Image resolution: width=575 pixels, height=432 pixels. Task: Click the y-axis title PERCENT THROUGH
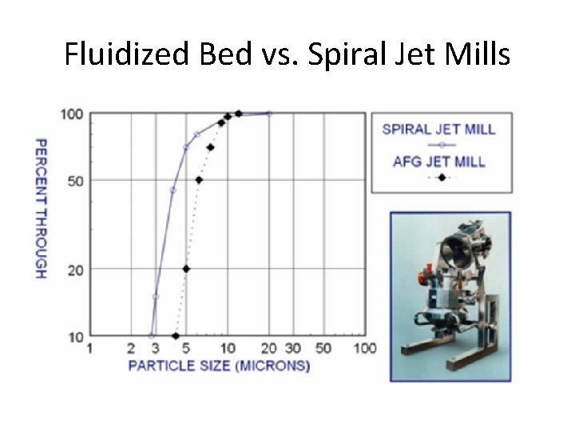[40, 208]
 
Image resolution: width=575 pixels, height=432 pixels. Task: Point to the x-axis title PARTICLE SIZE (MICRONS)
[219, 366]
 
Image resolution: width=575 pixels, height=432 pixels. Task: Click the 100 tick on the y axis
[72, 114]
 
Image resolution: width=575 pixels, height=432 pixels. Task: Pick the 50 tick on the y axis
[75, 181]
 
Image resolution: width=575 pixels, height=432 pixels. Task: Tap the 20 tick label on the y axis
[75, 270]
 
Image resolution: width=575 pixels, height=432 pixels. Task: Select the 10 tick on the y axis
[75, 337]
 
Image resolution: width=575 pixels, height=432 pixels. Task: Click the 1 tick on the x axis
[89, 349]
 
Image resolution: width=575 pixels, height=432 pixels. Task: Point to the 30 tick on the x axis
[293, 349]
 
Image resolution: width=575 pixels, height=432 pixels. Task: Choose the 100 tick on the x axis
[365, 349]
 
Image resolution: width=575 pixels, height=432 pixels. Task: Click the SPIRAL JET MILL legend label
[439, 130]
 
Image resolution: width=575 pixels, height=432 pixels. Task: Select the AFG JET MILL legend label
[439, 162]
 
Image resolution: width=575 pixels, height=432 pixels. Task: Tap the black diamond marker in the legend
[441, 177]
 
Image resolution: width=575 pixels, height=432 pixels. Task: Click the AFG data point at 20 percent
[186, 269]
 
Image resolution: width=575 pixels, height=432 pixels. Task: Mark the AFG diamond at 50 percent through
[199, 180]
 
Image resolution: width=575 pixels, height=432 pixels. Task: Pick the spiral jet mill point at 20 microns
[269, 114]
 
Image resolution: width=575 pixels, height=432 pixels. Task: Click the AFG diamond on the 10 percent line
[176, 336]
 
